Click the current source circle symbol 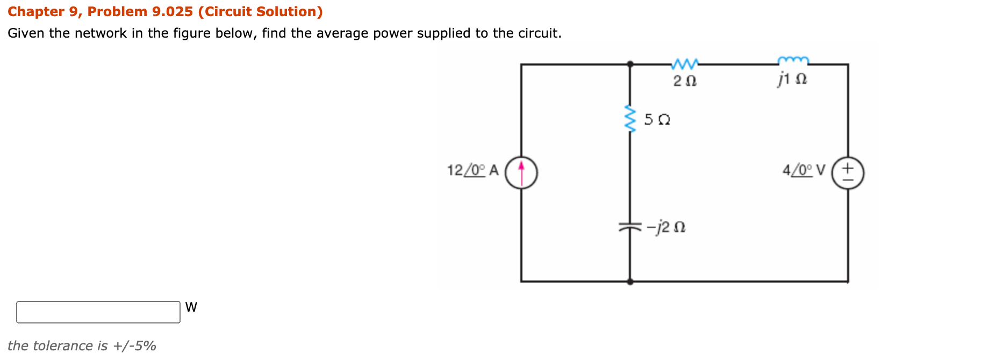pos(521,172)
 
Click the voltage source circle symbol pos(848,173)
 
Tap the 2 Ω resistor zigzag pos(685,64)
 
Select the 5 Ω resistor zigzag pos(629,119)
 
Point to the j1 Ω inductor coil pos(793,60)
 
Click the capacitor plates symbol pos(630,227)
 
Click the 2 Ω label pos(685,81)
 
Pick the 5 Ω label pos(657,119)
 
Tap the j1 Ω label pos(792,80)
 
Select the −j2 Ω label pos(666,227)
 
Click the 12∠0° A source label pos(472,170)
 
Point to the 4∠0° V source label pos(803,170)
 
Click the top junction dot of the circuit pos(630,64)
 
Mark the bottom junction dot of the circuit pos(630,281)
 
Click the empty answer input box pos(98,312)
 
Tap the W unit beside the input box pos(191,307)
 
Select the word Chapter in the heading pos(36,11)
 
